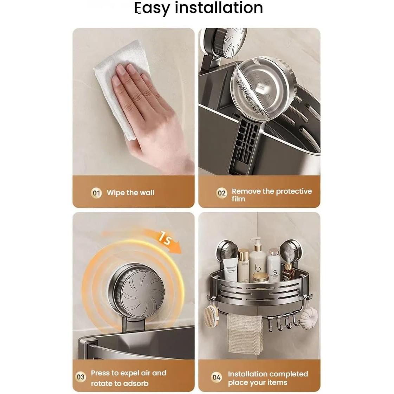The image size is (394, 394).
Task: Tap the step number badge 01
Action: coord(96,193)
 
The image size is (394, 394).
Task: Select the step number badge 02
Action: coord(221,193)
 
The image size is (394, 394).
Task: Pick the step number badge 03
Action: coord(81,377)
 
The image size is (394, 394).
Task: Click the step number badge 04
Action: coord(217,377)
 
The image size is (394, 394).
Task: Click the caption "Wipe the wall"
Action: coord(130,193)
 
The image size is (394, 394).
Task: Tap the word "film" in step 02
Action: coord(238,199)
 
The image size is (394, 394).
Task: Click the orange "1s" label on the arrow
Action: coord(164,238)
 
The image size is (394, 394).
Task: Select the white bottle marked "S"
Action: coord(273,266)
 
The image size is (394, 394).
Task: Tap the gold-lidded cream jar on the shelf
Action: coord(260,278)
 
